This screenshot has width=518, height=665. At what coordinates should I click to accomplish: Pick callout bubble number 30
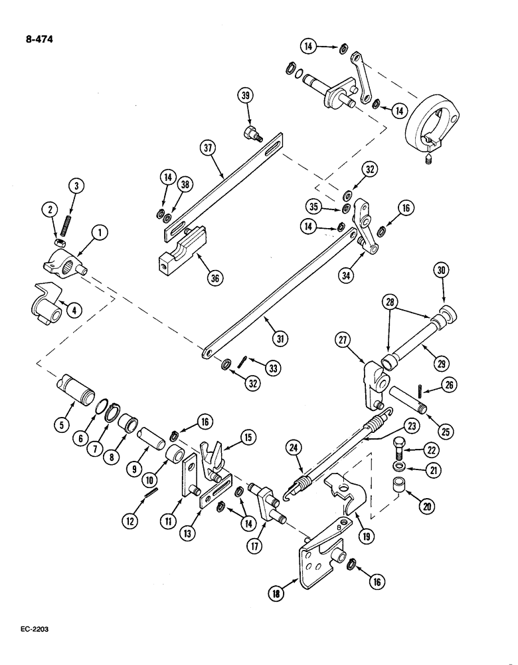(x=442, y=270)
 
